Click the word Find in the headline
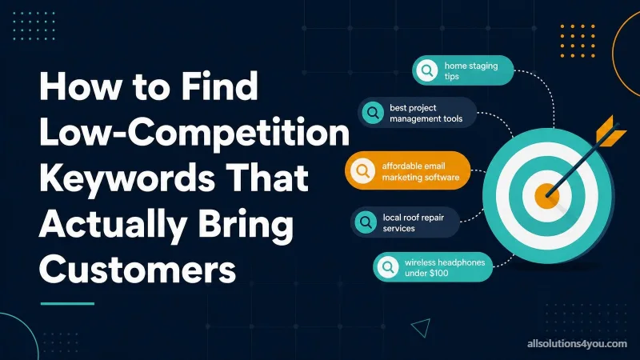coord(219,86)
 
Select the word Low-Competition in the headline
coord(194,133)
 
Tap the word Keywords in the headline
coord(127,178)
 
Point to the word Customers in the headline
coord(138,270)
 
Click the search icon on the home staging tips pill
coord(427,70)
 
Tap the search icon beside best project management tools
coord(373,112)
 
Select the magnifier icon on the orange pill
coord(362,170)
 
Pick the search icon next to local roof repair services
coord(366,222)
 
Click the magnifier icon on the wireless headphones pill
coord(388,267)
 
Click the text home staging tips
coord(471,70)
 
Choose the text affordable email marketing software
coord(421,171)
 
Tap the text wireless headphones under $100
coord(445,268)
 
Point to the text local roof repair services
coord(413,223)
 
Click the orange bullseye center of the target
coord(546,196)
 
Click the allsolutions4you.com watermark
coord(577,344)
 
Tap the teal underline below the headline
coord(67,303)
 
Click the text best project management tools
coord(426,113)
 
